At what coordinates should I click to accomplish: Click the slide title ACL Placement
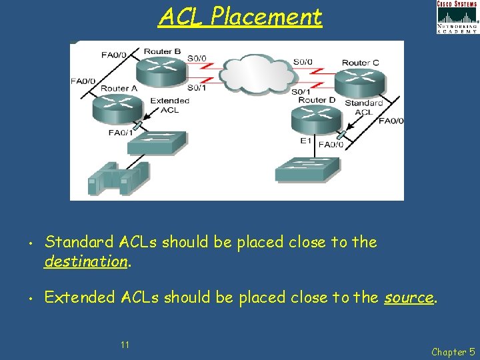pos(240,17)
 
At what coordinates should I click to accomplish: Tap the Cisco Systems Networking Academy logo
pos(457,17)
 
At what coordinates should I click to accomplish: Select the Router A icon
pos(117,107)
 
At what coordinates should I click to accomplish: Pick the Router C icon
pos(360,81)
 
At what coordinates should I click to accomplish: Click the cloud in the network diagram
pos(249,73)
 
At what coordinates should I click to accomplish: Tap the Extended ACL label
pos(169,105)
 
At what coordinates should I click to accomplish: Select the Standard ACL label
pos(364,107)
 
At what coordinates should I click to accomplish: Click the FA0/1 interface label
pos(121,133)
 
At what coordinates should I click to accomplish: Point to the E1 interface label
pos(306,141)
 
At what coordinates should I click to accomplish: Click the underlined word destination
pos(85,261)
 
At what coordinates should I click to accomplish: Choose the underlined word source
pos(409,297)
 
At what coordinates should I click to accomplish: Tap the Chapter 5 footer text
pos(453,352)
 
